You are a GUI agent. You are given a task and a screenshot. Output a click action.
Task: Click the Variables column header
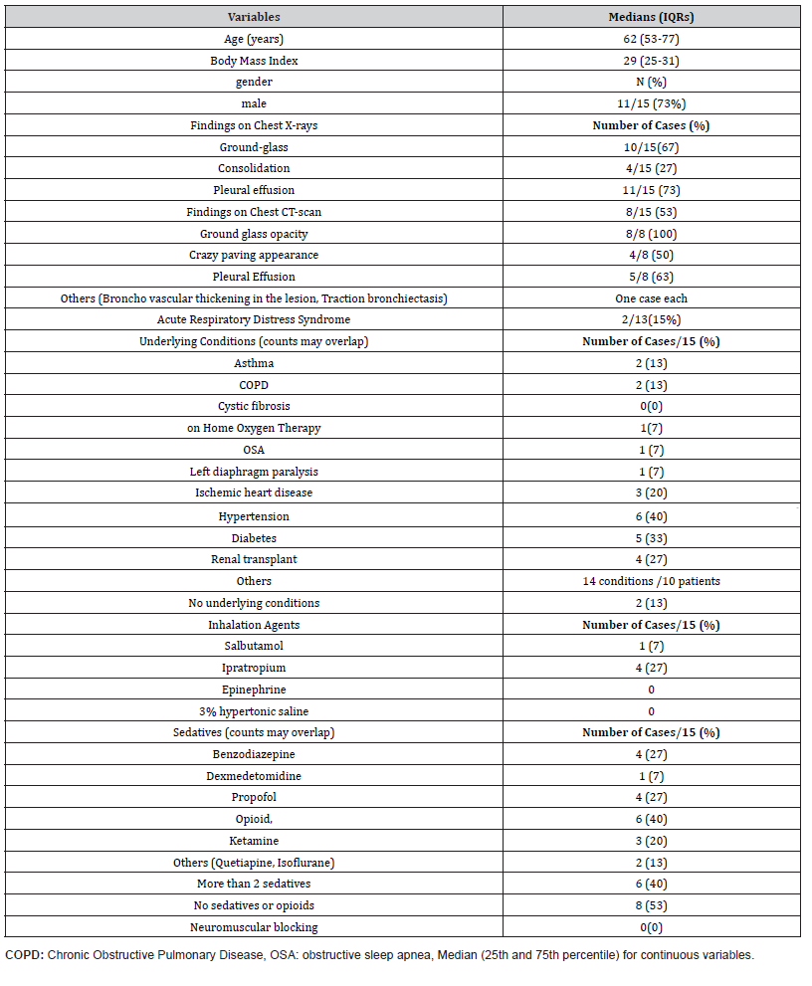(x=254, y=17)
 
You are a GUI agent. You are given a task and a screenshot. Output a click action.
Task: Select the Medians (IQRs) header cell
(x=651, y=17)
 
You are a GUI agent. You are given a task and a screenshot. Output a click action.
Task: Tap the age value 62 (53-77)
(x=651, y=39)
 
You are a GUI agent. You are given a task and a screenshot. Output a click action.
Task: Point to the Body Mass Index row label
(x=254, y=61)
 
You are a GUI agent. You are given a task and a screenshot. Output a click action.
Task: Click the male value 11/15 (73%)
(x=651, y=103)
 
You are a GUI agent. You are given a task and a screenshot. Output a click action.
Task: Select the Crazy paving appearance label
(x=254, y=255)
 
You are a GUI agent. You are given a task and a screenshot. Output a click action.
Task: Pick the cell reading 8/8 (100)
(x=651, y=234)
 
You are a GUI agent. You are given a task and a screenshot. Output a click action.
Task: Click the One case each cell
(x=651, y=297)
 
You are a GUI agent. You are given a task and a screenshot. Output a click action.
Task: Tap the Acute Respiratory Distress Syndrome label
(x=254, y=319)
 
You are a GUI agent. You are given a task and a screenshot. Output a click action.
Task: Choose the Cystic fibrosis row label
(x=254, y=406)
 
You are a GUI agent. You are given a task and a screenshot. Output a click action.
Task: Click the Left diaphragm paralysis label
(x=254, y=471)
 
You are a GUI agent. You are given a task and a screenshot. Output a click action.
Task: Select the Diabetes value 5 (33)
(x=651, y=538)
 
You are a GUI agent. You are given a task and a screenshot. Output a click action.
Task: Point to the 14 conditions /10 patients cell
(x=651, y=581)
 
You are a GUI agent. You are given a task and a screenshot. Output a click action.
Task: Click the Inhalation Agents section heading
(x=254, y=625)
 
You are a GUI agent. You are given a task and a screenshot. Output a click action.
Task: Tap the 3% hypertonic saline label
(x=254, y=711)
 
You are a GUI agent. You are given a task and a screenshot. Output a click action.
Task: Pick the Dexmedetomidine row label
(x=254, y=776)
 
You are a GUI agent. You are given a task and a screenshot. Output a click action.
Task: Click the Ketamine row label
(x=254, y=841)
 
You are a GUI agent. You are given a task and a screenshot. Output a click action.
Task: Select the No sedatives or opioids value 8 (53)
(x=651, y=905)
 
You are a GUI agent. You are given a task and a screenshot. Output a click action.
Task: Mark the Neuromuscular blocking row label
(x=254, y=927)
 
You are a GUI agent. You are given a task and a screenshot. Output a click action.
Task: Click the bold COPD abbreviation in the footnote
(x=24, y=955)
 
